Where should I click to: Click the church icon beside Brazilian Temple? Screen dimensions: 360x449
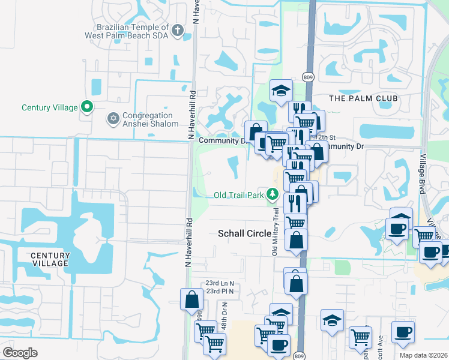177,30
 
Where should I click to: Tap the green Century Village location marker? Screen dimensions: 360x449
86,107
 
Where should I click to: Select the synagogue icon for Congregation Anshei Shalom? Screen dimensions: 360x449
112,118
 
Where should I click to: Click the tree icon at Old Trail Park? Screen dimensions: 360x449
273,194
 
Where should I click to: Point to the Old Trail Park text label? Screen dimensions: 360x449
239,195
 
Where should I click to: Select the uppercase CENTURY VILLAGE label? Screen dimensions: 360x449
51,260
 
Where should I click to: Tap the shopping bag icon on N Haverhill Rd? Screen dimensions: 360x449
191,299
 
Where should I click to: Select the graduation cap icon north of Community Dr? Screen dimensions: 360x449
281,91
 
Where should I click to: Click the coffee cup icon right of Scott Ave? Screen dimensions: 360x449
403,332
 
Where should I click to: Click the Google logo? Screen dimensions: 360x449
20,353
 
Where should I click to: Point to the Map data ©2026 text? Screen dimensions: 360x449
424,355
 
